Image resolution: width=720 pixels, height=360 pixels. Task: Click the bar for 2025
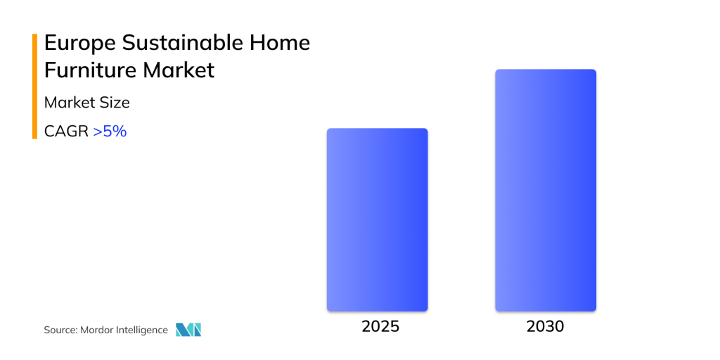click(x=377, y=219)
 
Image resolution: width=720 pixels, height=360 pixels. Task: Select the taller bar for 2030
click(x=546, y=190)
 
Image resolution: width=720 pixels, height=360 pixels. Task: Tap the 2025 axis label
click(x=380, y=326)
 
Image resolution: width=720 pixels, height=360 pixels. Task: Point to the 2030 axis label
click(x=545, y=326)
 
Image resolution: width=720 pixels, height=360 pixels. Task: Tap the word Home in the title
click(x=281, y=43)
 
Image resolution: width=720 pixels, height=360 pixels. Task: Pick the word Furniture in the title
click(x=89, y=71)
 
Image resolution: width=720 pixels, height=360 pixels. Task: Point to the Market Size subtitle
click(x=86, y=103)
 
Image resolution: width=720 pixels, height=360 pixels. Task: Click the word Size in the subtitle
click(x=115, y=103)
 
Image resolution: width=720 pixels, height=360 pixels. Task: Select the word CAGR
click(x=66, y=131)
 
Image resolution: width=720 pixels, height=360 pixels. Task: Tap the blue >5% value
click(x=110, y=131)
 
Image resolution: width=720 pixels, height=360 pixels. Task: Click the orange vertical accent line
click(x=34, y=86)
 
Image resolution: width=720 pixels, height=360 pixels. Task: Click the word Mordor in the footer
click(x=95, y=330)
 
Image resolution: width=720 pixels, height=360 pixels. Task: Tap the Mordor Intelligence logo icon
click(x=188, y=330)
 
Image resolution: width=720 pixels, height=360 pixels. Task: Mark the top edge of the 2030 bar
click(x=546, y=70)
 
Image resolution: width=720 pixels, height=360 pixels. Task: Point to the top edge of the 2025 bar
click(x=377, y=129)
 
